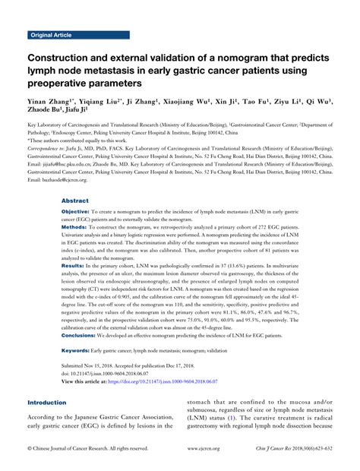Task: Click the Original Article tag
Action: (x=51, y=36)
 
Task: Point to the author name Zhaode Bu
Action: (x=44, y=111)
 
